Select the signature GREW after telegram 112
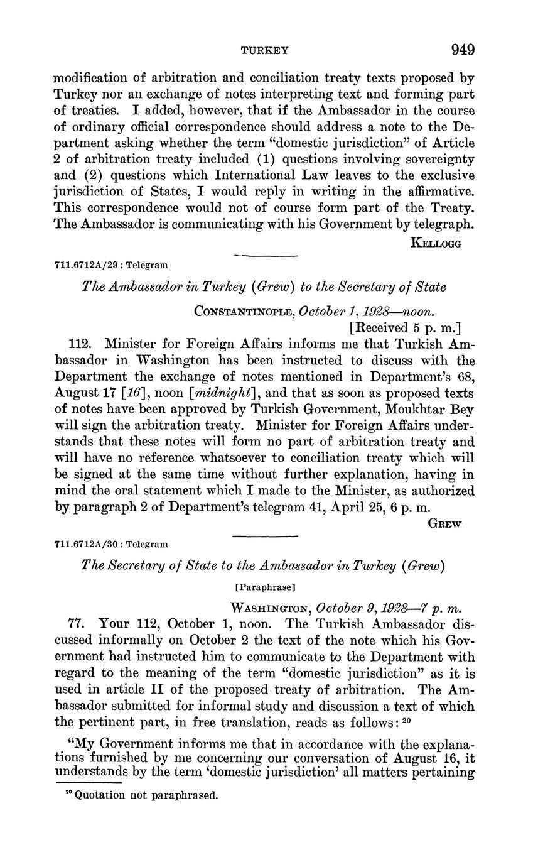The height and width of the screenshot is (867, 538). pyautogui.click(x=444, y=524)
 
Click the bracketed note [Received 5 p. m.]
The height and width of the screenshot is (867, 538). pyautogui.click(x=405, y=327)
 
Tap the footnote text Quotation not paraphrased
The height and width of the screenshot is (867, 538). pyautogui.click(x=146, y=795)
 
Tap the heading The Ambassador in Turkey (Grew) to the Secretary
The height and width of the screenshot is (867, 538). pyautogui.click(x=264, y=287)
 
